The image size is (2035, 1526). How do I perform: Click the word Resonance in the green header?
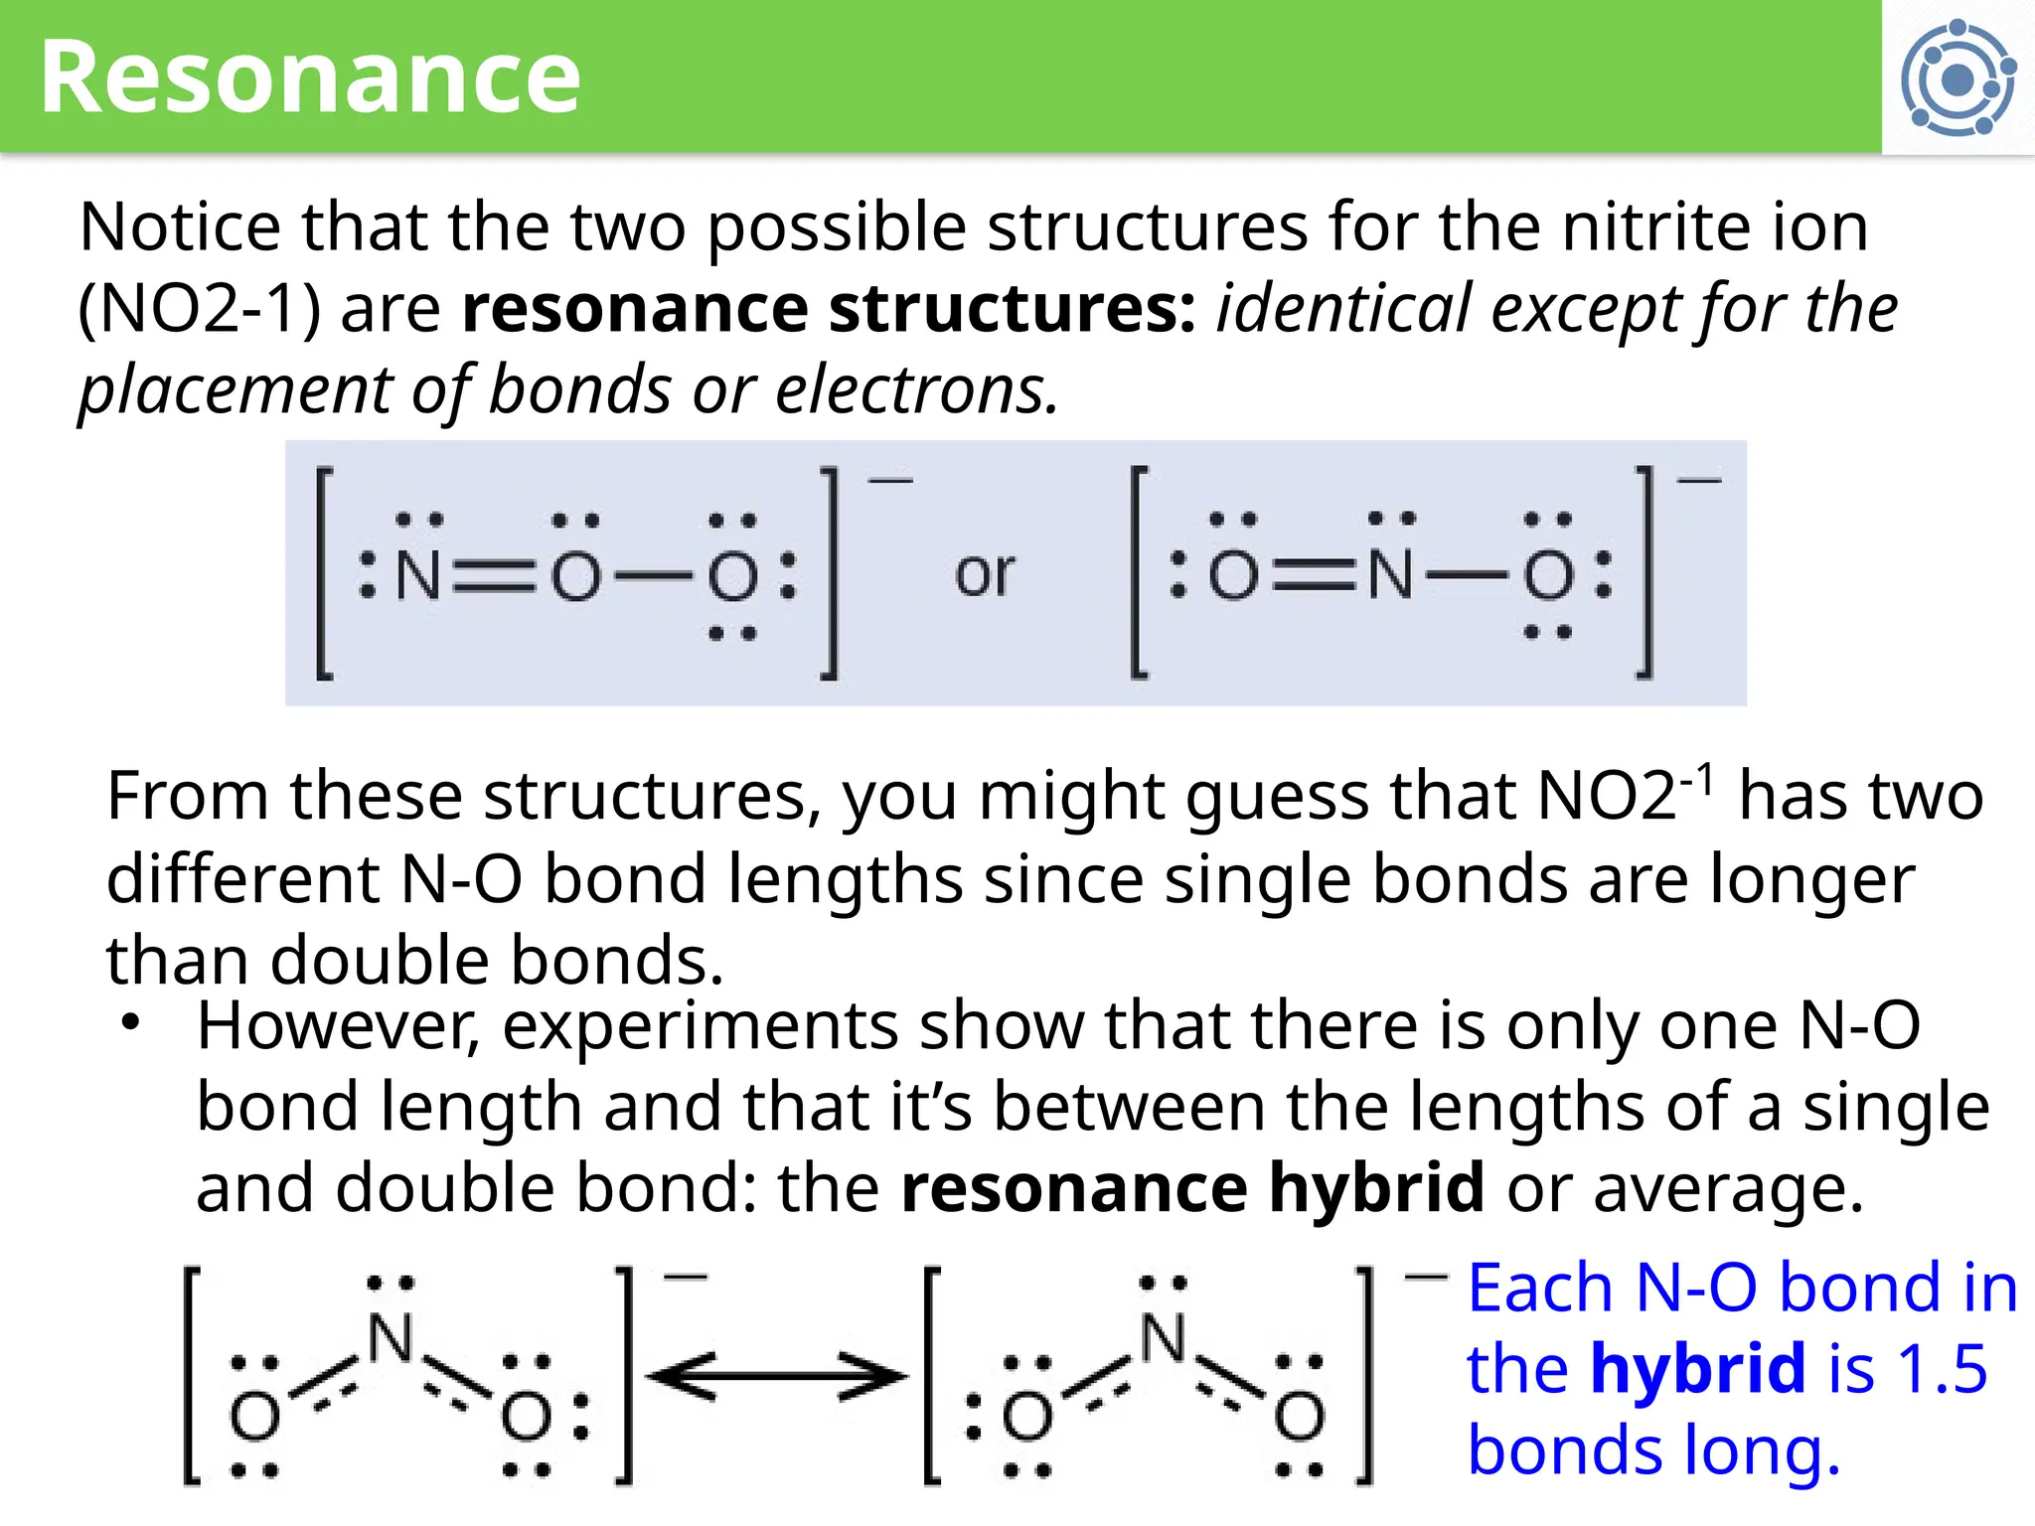tap(310, 77)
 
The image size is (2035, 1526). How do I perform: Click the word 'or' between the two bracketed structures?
tap(985, 574)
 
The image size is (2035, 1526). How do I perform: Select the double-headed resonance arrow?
tap(777, 1376)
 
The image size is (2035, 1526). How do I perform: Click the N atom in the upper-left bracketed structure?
tap(418, 575)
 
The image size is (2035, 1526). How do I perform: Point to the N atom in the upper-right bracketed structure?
tap(1390, 574)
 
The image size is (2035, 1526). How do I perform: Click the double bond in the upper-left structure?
tap(494, 576)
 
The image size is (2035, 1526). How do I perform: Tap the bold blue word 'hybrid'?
tap(1697, 1368)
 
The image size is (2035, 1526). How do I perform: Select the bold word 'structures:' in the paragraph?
tap(1013, 308)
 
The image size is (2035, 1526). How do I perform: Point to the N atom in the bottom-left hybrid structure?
tap(391, 1337)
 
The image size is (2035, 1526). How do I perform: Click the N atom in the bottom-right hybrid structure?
tap(1163, 1337)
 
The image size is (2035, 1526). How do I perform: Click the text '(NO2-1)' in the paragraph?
tap(200, 309)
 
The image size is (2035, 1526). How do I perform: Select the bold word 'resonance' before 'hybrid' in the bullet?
tap(1074, 1188)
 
